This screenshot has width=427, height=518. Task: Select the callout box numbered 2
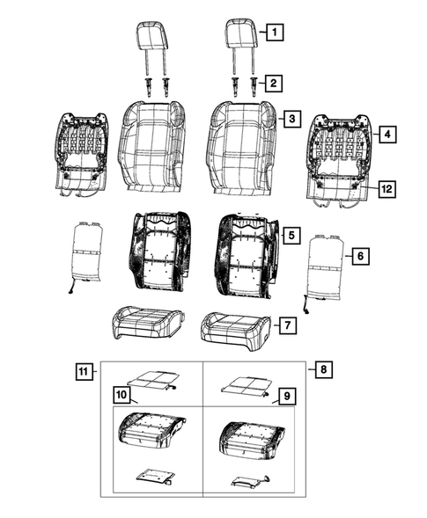(276, 84)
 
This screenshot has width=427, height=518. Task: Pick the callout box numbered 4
(386, 135)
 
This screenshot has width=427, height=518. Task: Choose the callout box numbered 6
(357, 256)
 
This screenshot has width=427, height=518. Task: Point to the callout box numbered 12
(386, 187)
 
